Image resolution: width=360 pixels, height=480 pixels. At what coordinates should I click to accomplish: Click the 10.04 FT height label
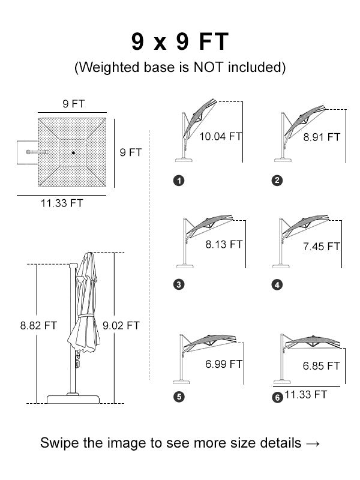tap(220, 136)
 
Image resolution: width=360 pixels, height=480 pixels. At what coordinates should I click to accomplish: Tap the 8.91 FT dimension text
tap(322, 137)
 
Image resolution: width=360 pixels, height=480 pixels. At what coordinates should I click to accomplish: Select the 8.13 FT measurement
tap(224, 244)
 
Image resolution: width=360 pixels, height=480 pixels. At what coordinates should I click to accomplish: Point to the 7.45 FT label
tap(322, 247)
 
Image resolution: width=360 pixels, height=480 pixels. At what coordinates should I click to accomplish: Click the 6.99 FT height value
tap(224, 364)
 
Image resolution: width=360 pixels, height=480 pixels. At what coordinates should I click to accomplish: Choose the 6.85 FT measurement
tap(322, 366)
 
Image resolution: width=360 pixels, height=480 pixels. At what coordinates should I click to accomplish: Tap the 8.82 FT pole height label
tap(38, 325)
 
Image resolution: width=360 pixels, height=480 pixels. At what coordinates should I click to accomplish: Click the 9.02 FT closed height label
tap(121, 325)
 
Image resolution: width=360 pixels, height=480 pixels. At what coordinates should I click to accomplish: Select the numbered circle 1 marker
tap(179, 181)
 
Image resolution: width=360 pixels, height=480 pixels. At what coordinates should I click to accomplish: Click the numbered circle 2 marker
tap(277, 181)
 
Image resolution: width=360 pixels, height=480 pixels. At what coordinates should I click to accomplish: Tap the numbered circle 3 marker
tap(179, 284)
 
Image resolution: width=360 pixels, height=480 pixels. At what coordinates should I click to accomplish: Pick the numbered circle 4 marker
tap(277, 285)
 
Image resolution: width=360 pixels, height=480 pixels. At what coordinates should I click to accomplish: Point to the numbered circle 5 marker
tap(179, 397)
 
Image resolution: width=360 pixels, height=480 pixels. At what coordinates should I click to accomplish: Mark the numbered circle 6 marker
tap(277, 398)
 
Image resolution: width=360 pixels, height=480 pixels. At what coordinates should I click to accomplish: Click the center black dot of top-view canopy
tap(73, 152)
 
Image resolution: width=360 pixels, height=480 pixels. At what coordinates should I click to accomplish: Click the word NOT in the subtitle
tap(208, 67)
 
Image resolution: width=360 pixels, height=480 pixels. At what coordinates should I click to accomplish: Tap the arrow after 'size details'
tap(313, 443)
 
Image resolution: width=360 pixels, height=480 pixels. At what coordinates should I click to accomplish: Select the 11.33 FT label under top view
tap(62, 203)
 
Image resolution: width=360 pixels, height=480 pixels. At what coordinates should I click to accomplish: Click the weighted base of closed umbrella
tap(73, 399)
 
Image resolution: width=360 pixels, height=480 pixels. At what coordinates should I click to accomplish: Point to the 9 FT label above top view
tap(73, 104)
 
